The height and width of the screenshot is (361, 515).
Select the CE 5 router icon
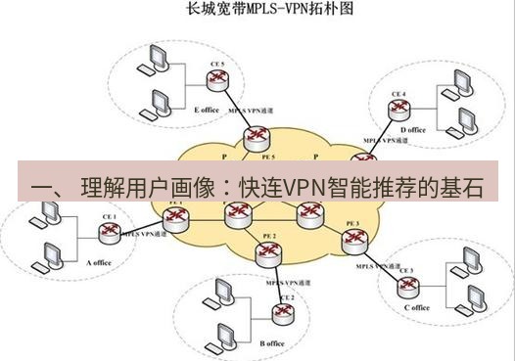click(x=217, y=82)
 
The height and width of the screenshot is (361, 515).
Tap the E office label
click(x=208, y=110)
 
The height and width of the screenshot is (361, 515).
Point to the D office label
click(x=413, y=130)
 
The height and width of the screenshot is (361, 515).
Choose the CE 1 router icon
click(x=108, y=232)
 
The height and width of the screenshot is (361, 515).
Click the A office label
click(x=101, y=262)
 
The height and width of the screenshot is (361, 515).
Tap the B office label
click(x=272, y=343)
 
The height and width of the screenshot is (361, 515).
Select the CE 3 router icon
click(x=404, y=286)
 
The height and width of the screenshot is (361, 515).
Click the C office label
click(x=416, y=307)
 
